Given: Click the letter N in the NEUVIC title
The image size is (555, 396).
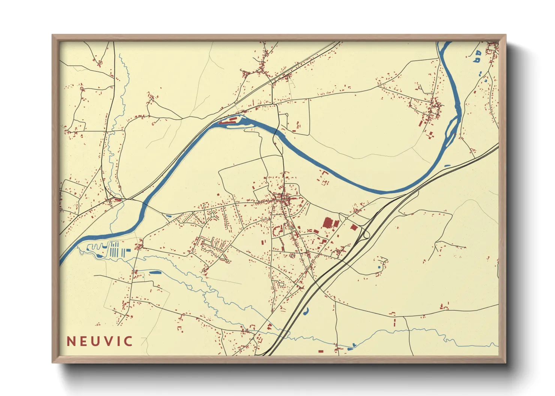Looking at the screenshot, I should pos(71,341).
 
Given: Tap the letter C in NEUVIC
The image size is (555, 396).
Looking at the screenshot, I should pos(128,341).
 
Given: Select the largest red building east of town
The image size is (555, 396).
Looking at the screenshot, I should pos(327,223).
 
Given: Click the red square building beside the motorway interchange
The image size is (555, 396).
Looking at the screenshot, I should pos(354,227).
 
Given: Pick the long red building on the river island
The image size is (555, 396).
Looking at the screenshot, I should pos(228,121).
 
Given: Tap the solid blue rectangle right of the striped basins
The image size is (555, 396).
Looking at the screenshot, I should pos(128,250).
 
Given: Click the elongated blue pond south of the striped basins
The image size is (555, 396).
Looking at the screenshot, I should pos(154,272).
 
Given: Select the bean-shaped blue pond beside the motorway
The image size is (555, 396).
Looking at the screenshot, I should pos(306,310).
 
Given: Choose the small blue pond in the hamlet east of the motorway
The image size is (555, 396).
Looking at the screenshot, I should pos(380,267).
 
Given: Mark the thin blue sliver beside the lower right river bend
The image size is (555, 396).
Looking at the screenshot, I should pos(447,165).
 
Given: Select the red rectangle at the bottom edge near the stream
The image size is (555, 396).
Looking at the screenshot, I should pos(321,351).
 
